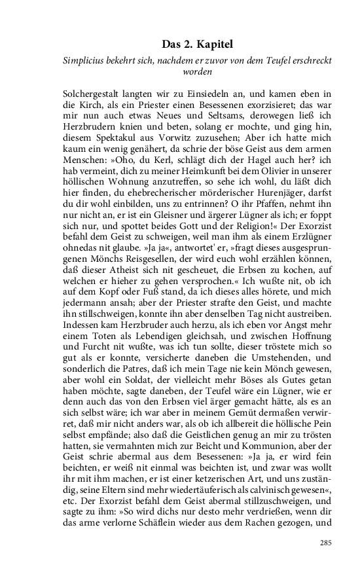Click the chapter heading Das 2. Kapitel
(x=197, y=45)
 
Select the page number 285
(x=326, y=543)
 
